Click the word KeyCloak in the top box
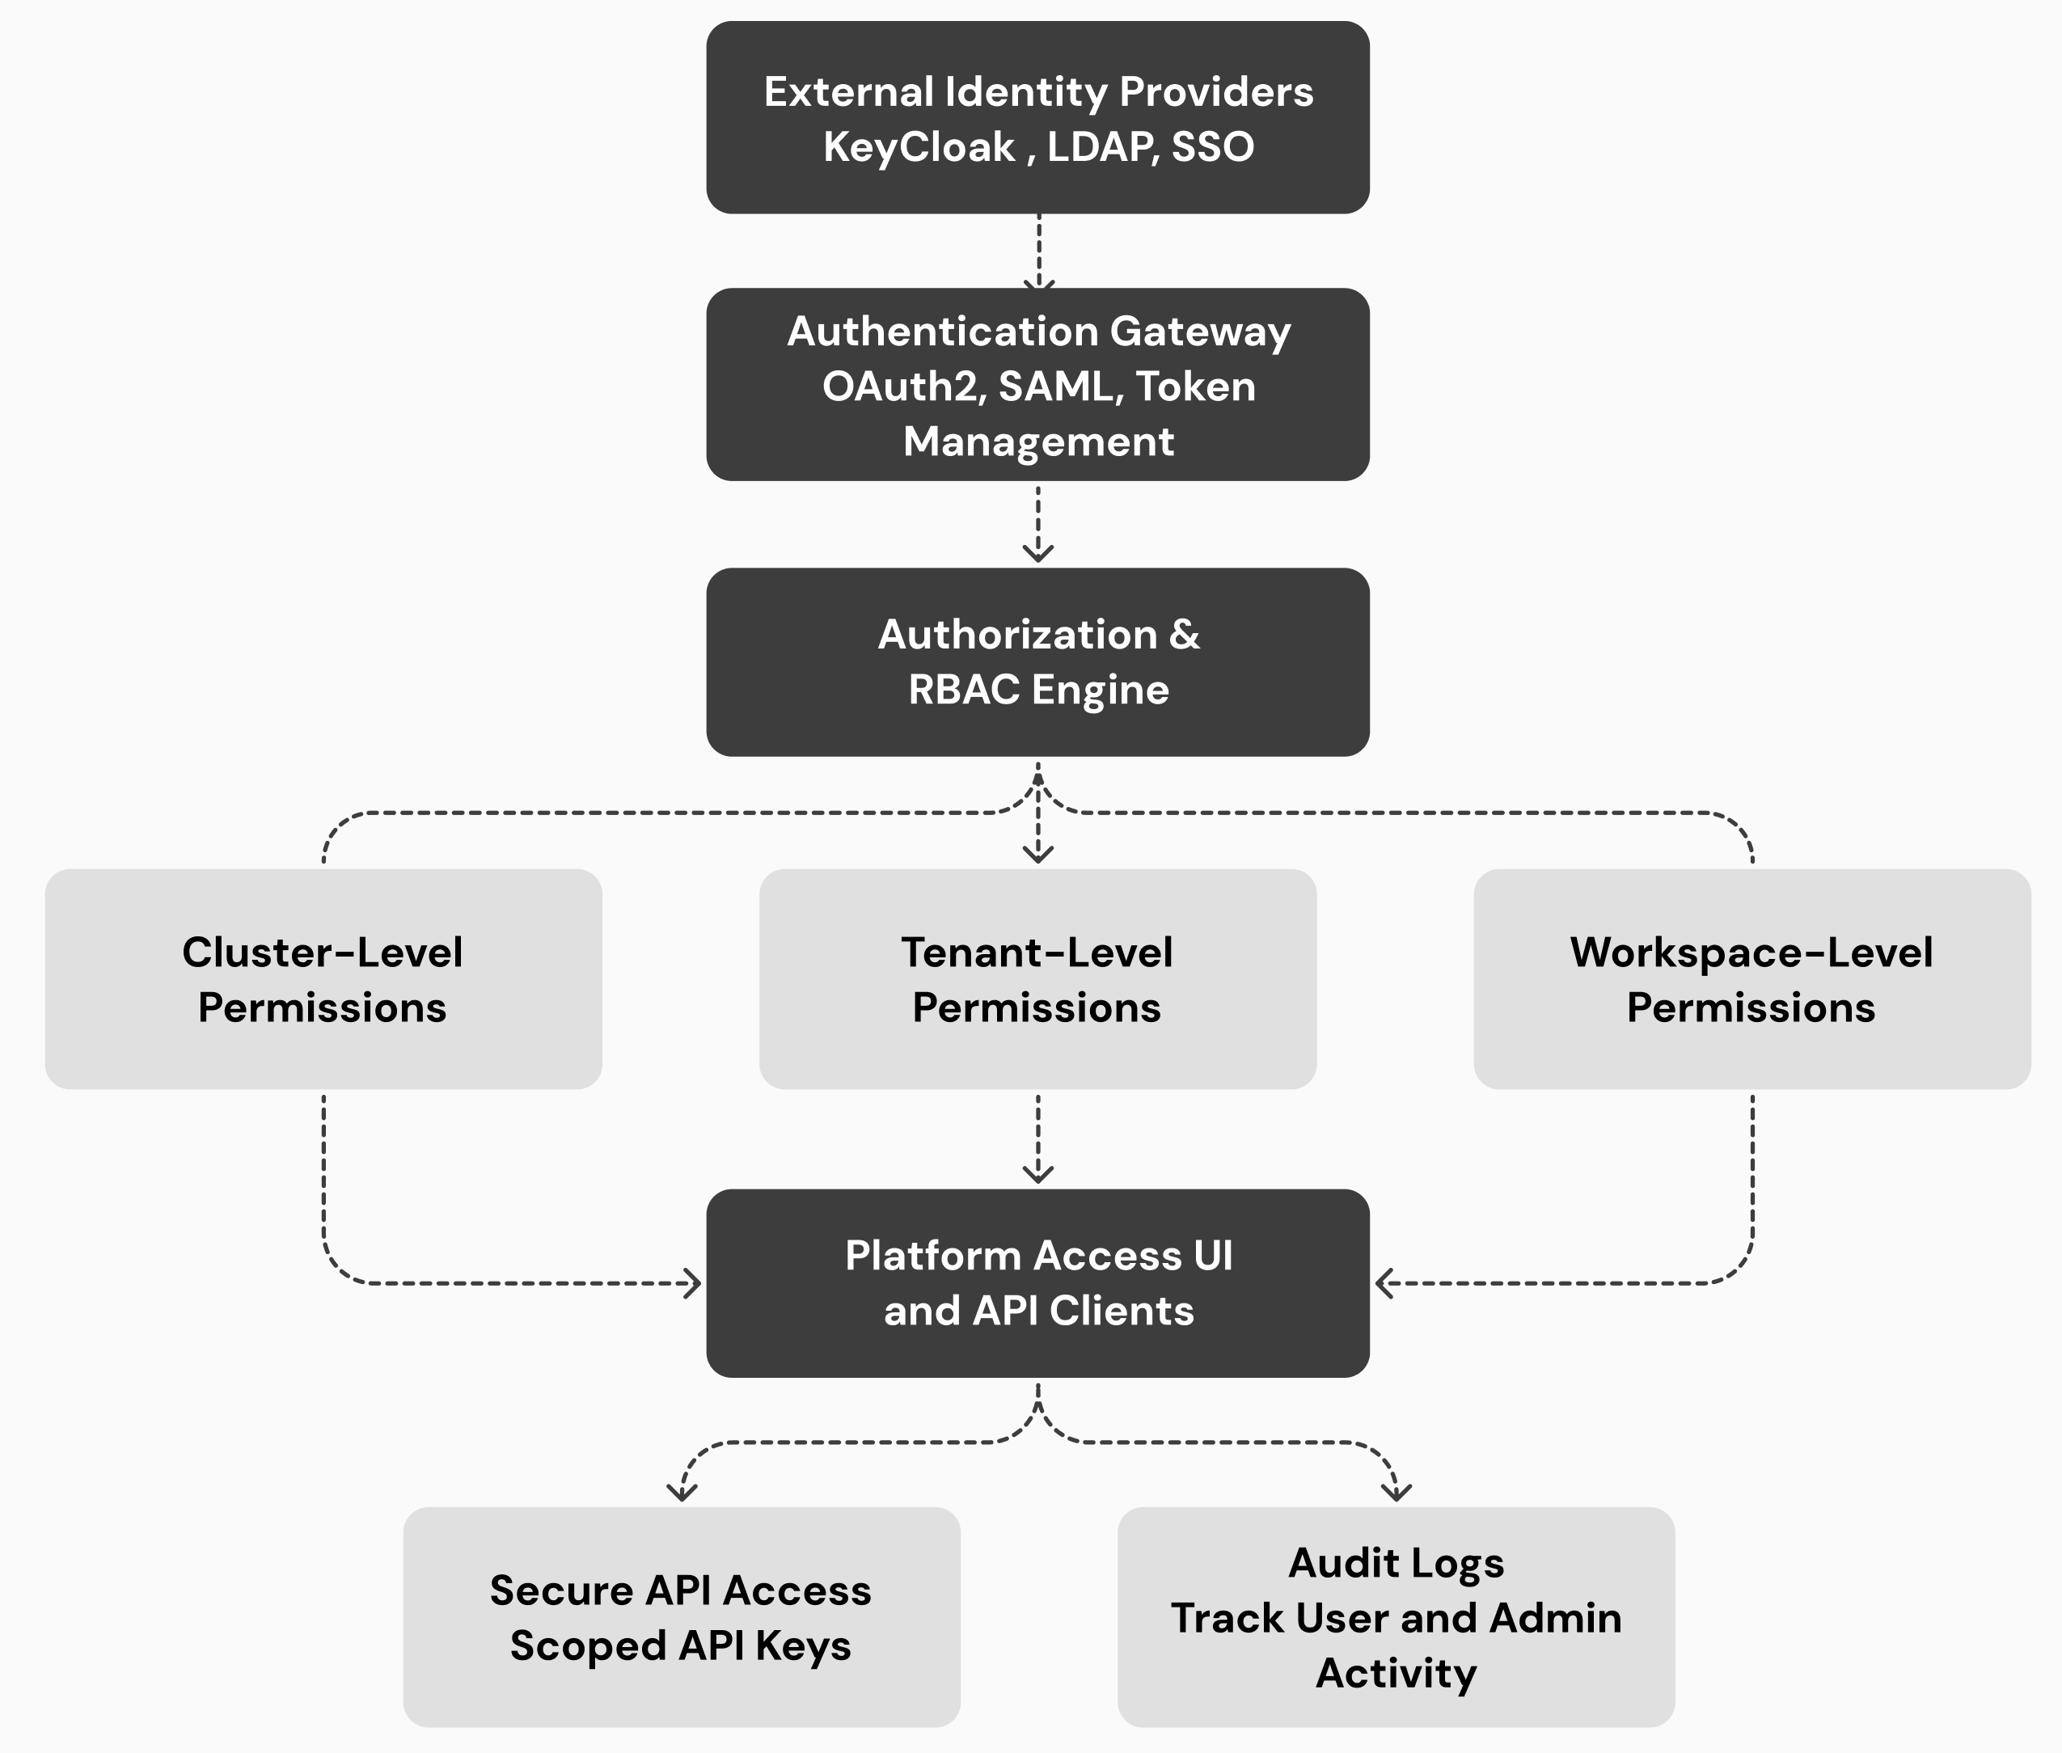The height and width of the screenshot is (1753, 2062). tap(919, 147)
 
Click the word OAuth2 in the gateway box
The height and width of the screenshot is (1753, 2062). tap(903, 387)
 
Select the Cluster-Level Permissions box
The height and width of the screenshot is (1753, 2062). tap(323, 979)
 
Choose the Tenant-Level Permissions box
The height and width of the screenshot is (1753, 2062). tap(1037, 979)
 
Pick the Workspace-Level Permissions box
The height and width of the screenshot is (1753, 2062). tap(1751, 979)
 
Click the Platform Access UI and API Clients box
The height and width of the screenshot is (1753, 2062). tap(1037, 1283)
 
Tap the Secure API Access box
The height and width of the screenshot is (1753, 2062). tap(681, 1617)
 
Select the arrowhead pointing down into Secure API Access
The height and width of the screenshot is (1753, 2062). tap(682, 1493)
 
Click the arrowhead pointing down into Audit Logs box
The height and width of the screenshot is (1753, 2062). tap(1396, 1493)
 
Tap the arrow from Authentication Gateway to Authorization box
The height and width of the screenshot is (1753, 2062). tap(1037, 524)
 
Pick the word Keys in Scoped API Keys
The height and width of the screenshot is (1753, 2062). tap(803, 1645)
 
